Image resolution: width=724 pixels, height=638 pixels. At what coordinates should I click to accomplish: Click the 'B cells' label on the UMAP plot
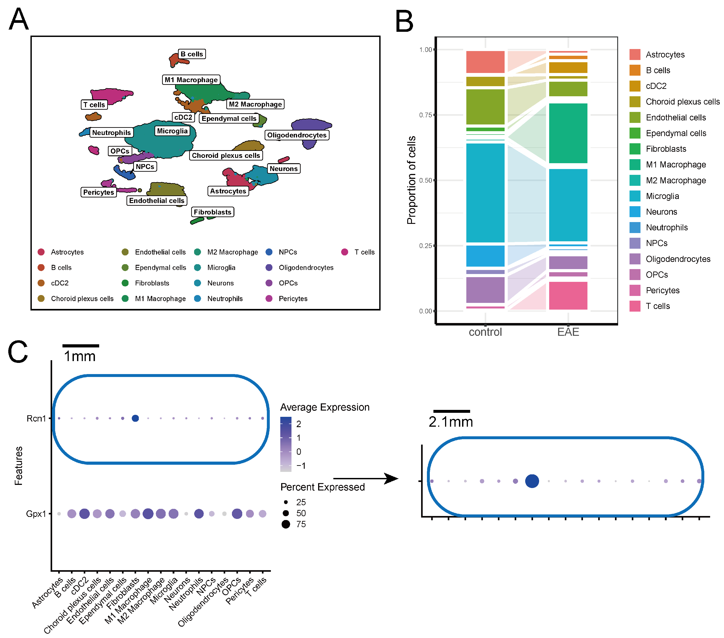tap(192, 54)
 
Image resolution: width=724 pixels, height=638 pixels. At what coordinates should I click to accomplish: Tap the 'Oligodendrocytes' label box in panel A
tap(297, 135)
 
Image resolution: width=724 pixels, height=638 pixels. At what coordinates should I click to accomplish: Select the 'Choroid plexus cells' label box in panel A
tap(226, 156)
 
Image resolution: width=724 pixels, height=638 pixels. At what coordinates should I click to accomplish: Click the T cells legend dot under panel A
tap(345, 252)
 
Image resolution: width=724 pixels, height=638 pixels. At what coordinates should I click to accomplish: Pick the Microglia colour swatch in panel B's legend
tap(635, 196)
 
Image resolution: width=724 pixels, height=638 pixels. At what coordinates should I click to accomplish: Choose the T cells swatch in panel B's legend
tap(635, 306)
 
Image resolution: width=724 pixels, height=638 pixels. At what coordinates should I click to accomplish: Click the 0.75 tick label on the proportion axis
tap(425, 115)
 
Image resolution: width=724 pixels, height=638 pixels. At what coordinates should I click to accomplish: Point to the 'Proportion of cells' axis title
tap(411, 180)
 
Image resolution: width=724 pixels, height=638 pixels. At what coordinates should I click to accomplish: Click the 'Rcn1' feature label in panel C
tap(36, 418)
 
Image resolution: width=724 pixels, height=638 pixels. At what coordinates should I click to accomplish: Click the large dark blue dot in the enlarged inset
tap(532, 481)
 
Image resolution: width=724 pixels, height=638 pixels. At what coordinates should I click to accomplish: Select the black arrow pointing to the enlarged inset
tap(366, 479)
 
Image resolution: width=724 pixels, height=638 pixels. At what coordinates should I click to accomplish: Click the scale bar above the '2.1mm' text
tap(451, 411)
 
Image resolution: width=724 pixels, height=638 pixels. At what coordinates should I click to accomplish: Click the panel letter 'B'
tap(404, 21)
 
